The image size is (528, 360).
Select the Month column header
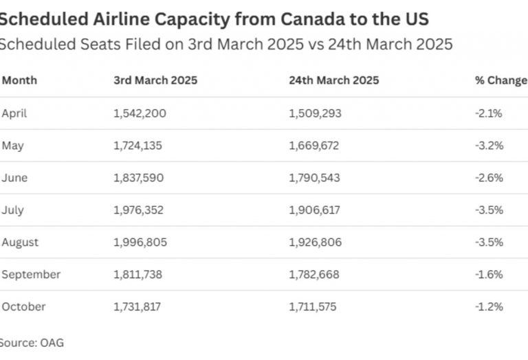click(19, 80)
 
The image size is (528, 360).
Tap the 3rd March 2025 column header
click(155, 80)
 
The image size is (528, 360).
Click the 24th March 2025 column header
click(334, 80)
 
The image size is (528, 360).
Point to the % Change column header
click(500, 80)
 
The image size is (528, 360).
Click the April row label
click(14, 113)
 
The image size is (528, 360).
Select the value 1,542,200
click(140, 113)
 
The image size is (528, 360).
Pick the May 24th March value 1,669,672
click(313, 146)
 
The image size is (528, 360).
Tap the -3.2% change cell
click(489, 146)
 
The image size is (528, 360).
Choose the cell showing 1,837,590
click(139, 178)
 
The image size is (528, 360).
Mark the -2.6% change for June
click(489, 178)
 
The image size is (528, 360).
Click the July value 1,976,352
click(139, 210)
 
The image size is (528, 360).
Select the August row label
click(20, 243)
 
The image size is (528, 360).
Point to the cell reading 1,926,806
click(314, 243)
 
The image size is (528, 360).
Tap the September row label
click(31, 275)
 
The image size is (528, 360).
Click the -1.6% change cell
click(489, 275)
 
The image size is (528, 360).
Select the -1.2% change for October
click(489, 307)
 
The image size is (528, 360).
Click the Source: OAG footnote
click(32, 341)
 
